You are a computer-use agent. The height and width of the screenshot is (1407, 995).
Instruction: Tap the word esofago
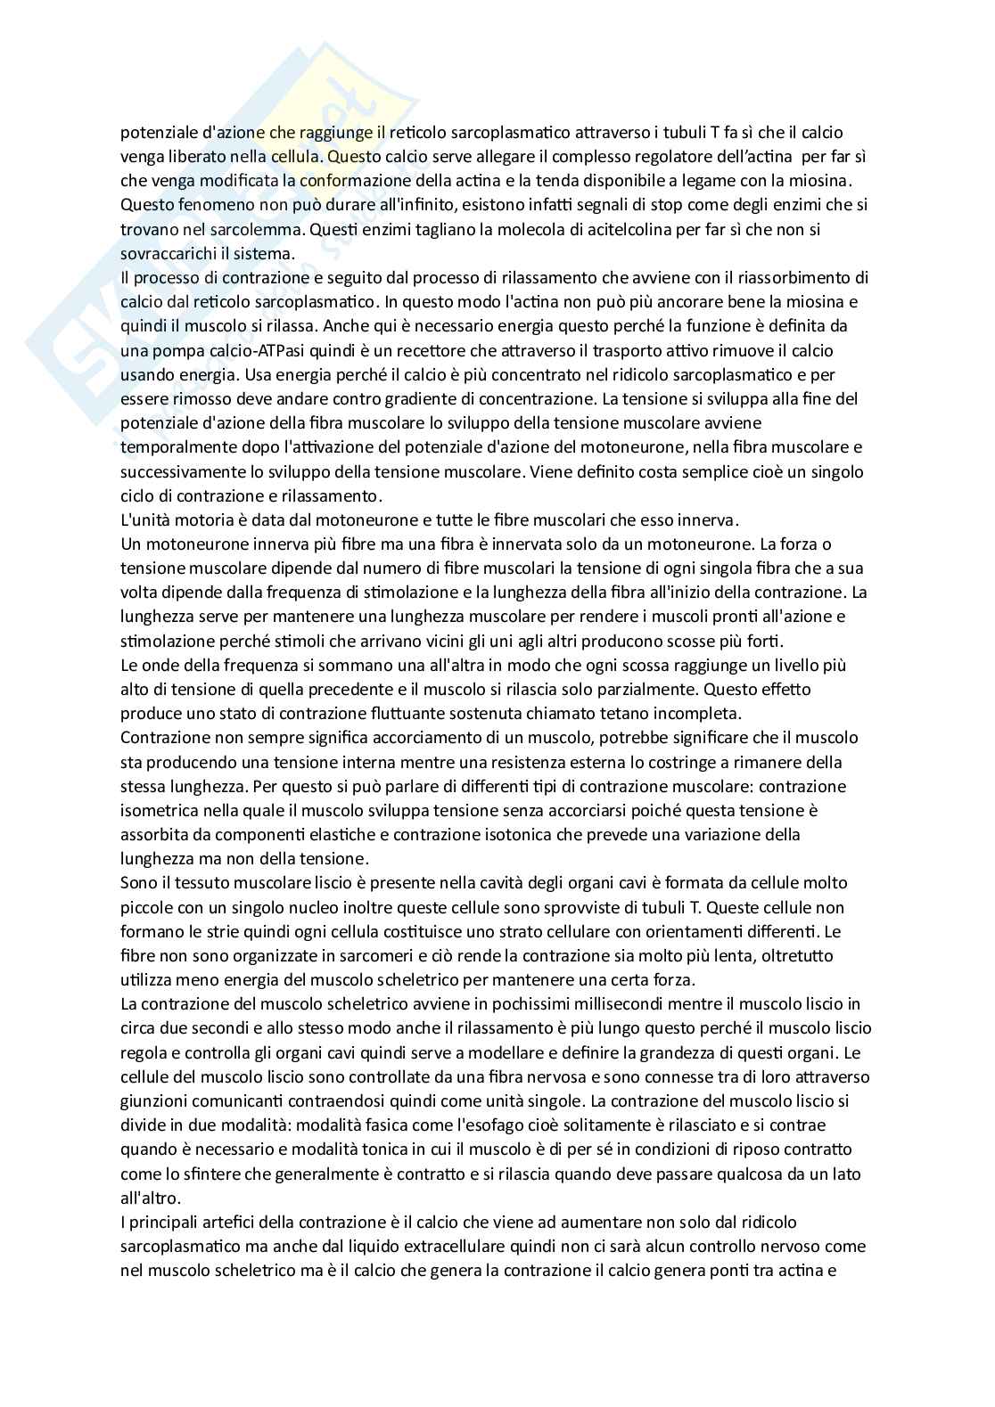point(500,1125)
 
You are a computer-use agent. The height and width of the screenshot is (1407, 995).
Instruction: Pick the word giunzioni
point(153,1101)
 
